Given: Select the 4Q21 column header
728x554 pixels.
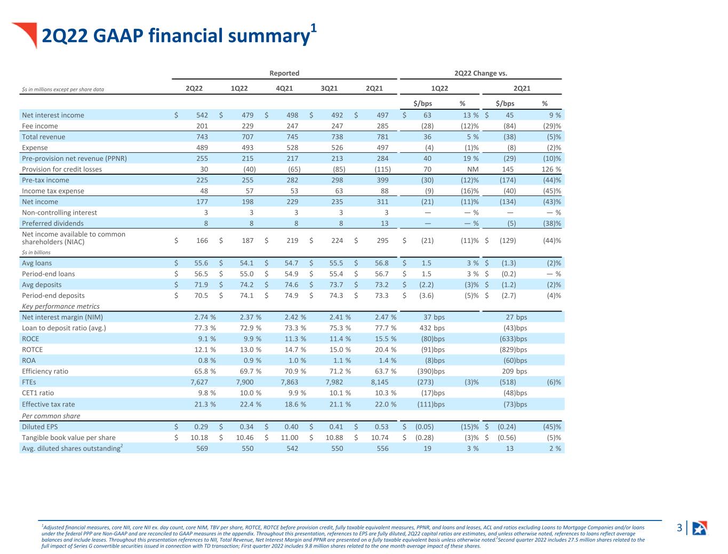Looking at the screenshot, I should pyautogui.click(x=284, y=88).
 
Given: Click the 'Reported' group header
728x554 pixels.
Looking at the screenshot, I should pyautogui.click(x=284, y=73).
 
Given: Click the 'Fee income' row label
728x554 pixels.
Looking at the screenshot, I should pyautogui.click(x=40, y=126).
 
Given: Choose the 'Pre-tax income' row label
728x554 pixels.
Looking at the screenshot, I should pyautogui.click(x=45, y=180).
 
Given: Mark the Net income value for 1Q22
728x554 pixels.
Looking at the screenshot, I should pyautogui.click(x=247, y=202).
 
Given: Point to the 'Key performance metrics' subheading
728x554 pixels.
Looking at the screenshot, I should pyautogui.click(x=61, y=306).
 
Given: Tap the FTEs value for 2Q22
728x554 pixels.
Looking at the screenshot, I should pyautogui.click(x=199, y=382).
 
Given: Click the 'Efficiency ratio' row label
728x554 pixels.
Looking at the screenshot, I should pyautogui.click(x=45, y=371).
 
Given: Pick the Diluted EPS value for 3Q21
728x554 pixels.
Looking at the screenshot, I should pyautogui.click(x=336, y=427).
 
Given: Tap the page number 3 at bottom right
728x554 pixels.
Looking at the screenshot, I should pyautogui.click(x=679, y=528).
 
